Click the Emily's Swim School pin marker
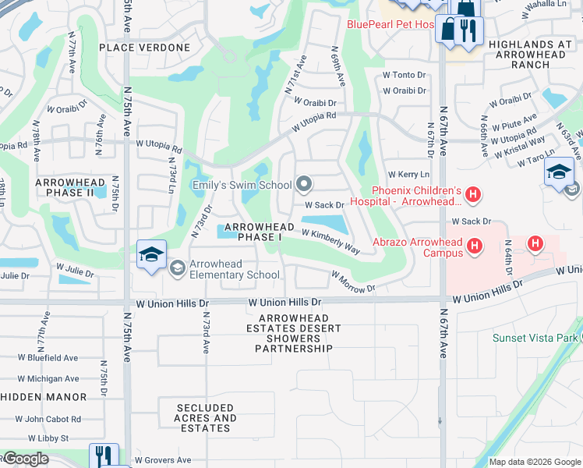(305, 185)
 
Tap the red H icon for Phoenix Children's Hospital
(472, 193)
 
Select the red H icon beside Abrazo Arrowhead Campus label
(475, 247)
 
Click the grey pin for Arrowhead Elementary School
(177, 268)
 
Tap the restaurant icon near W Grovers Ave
(104, 456)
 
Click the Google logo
(25, 459)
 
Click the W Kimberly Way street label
(330, 241)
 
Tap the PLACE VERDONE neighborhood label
(145, 48)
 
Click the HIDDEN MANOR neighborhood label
(44, 397)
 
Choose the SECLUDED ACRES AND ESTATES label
(206, 418)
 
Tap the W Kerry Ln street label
(408, 175)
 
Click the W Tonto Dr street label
(404, 75)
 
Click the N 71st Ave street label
(296, 76)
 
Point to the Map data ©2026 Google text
(534, 462)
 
